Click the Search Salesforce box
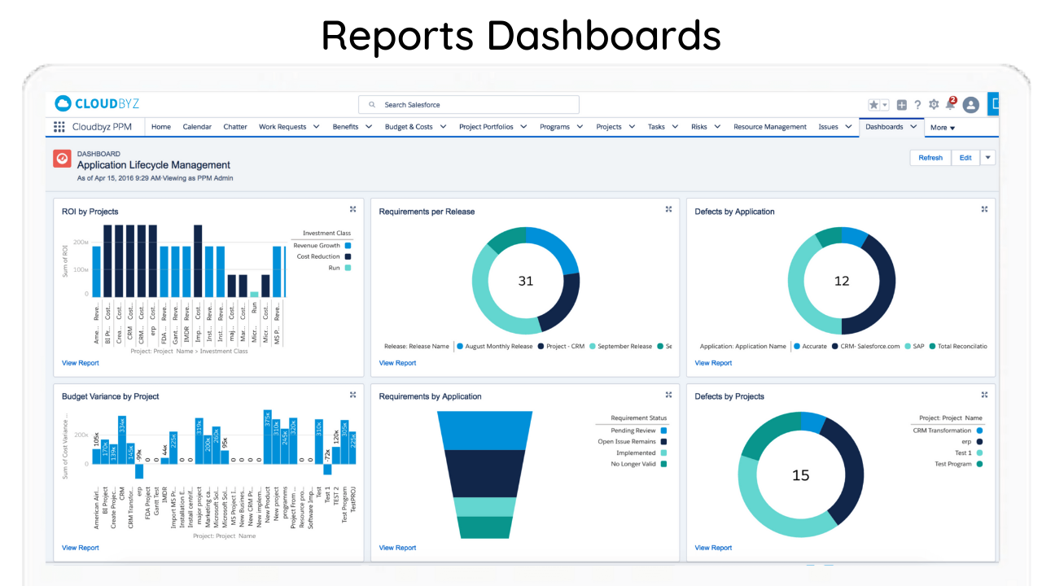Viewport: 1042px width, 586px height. click(469, 105)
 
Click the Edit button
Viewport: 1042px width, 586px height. click(965, 158)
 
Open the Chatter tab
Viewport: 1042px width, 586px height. click(235, 127)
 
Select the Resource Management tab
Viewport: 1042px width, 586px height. click(769, 127)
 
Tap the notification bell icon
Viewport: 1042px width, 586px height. click(950, 105)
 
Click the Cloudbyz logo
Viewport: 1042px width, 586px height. click(97, 103)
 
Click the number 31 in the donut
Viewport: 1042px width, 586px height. click(526, 281)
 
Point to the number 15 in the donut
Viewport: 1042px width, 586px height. click(801, 474)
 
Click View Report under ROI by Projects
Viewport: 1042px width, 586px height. click(81, 363)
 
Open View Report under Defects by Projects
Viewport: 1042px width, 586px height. click(713, 548)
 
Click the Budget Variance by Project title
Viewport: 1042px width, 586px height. click(111, 396)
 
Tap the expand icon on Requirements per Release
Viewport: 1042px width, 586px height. click(668, 209)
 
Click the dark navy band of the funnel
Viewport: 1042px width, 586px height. click(485, 472)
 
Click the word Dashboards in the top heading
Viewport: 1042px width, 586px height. click(604, 36)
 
